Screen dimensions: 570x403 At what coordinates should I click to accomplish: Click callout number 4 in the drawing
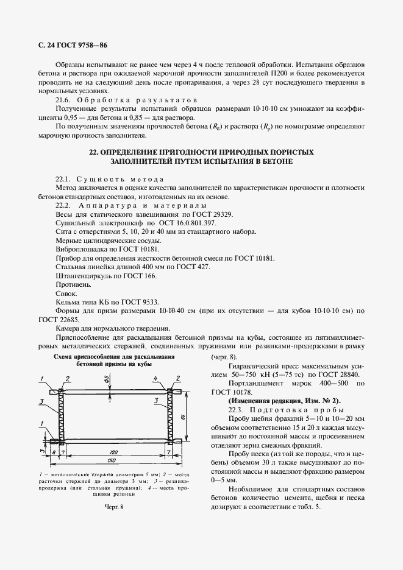156,378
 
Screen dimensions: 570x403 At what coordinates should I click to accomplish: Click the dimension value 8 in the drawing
53,452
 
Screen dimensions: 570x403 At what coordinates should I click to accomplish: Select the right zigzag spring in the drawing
168,415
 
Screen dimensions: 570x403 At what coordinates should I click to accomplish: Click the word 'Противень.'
73,284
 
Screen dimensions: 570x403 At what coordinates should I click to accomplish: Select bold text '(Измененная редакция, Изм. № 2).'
293,401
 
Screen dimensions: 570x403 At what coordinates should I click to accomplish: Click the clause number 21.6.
64,99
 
